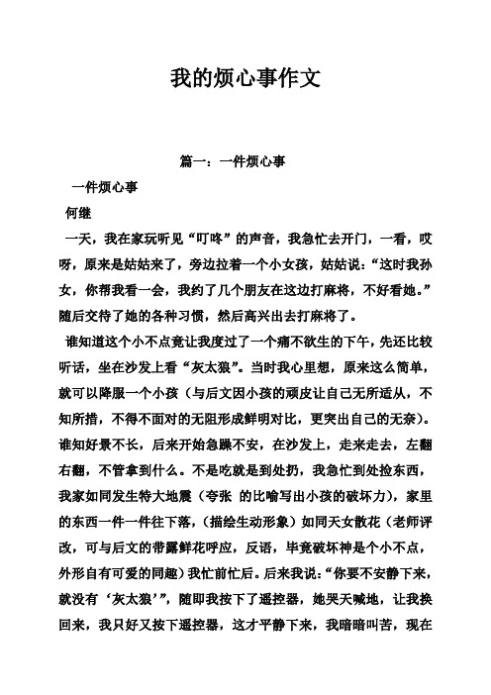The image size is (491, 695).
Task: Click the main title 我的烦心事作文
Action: [x=245, y=77]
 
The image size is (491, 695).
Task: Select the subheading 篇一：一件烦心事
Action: [x=245, y=162]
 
